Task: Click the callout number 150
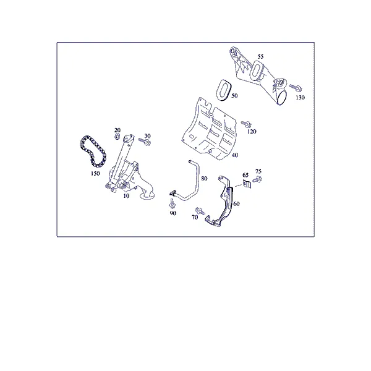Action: (95, 173)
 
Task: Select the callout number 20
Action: (117, 130)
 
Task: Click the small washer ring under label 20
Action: (117, 137)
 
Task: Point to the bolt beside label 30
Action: (145, 142)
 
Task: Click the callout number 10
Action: (126, 196)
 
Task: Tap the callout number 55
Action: (260, 56)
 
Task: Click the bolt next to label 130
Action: (296, 88)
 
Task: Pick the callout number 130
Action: (301, 97)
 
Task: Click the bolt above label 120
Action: (246, 124)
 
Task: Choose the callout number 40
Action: (235, 155)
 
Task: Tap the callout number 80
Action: (204, 179)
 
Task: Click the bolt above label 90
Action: (171, 203)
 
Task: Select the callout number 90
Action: (173, 213)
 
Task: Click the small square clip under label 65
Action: (247, 184)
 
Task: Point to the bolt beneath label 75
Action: (257, 179)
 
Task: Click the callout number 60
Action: (236, 203)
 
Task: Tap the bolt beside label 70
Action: (200, 211)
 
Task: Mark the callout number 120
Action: (252, 131)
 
